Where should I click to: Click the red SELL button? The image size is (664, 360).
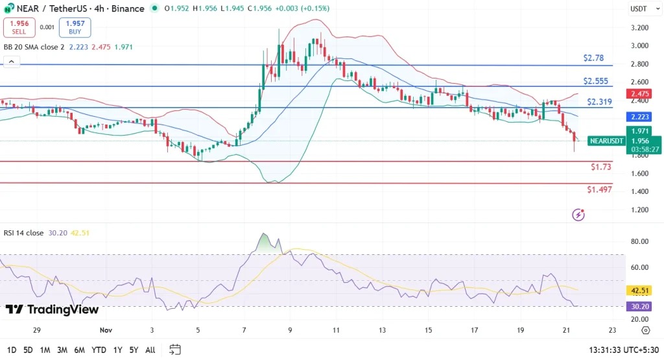click(x=18, y=27)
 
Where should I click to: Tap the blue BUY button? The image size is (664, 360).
click(x=75, y=27)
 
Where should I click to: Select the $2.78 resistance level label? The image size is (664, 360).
click(x=593, y=58)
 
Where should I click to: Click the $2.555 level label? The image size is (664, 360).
click(x=595, y=81)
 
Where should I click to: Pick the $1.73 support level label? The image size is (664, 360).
click(x=600, y=167)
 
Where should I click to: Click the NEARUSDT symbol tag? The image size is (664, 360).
click(x=606, y=141)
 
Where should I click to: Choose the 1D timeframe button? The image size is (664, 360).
click(x=11, y=350)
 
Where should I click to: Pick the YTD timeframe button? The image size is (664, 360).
click(x=99, y=350)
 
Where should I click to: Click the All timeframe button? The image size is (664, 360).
click(x=150, y=350)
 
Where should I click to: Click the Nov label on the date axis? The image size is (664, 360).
click(x=106, y=330)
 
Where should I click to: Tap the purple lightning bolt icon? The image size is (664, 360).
click(x=578, y=214)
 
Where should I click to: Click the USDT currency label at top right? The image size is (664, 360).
click(x=639, y=9)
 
